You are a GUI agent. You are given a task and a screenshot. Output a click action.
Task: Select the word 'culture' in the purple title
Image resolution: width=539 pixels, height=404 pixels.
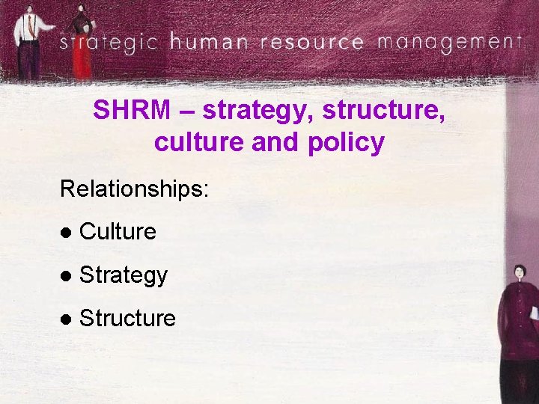point(200,141)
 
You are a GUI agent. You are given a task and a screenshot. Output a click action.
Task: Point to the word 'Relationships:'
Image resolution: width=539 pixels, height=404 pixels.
point(134,188)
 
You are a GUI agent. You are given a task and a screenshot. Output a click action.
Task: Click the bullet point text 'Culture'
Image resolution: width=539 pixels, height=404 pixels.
point(118,232)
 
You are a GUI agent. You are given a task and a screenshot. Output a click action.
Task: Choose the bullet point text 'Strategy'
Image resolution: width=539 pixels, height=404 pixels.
point(124,275)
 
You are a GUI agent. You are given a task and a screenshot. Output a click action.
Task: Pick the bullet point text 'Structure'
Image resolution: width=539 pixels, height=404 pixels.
point(127,319)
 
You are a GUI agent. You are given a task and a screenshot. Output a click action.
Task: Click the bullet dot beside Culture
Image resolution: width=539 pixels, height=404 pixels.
point(66,233)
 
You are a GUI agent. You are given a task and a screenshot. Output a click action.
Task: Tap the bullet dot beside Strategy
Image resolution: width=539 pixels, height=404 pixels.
point(66,276)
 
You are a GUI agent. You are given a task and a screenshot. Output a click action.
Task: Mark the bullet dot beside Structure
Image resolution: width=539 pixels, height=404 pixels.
point(66,319)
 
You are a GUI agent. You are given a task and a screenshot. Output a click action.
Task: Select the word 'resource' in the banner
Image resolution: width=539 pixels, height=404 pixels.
point(312,42)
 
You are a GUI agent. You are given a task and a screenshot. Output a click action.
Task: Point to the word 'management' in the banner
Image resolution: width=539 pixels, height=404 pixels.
point(448,40)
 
